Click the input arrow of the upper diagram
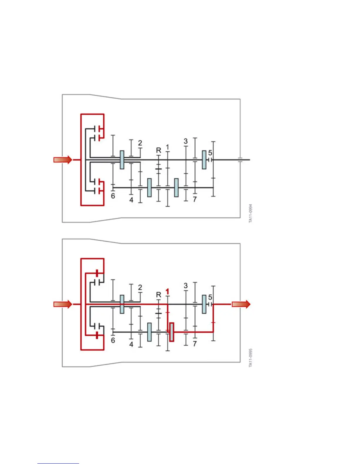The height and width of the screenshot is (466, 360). pyautogui.click(x=63, y=160)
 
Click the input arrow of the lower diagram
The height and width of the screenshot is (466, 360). pyautogui.click(x=63, y=304)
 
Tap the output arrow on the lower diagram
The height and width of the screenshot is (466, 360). pyautogui.click(x=241, y=304)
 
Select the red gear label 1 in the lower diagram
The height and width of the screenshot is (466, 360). pyautogui.click(x=167, y=292)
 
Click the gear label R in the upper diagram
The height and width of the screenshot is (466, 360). pyautogui.click(x=159, y=150)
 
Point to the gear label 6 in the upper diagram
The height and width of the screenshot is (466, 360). pyautogui.click(x=113, y=196)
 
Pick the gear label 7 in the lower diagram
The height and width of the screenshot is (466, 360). pyautogui.click(x=195, y=344)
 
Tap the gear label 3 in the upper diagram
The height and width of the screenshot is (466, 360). pyautogui.click(x=186, y=141)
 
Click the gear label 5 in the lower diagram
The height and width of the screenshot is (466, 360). pyautogui.click(x=210, y=297)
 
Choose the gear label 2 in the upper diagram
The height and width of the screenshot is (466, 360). pyautogui.click(x=140, y=143)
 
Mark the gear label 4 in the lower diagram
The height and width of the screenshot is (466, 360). pyautogui.click(x=131, y=344)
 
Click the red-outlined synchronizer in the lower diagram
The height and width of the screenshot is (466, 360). pyautogui.click(x=171, y=332)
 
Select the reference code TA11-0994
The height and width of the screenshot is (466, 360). pyautogui.click(x=251, y=213)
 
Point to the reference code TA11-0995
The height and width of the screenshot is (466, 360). pyautogui.click(x=251, y=358)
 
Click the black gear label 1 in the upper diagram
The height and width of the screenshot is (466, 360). pyautogui.click(x=167, y=147)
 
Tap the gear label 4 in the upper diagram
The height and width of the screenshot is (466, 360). pyautogui.click(x=131, y=200)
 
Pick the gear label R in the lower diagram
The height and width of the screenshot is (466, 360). pyautogui.click(x=159, y=295)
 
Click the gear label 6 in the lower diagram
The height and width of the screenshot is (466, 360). pyautogui.click(x=113, y=340)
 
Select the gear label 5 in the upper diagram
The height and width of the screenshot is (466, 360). pyautogui.click(x=210, y=153)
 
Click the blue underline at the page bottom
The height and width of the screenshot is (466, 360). pyautogui.click(x=58, y=463)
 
